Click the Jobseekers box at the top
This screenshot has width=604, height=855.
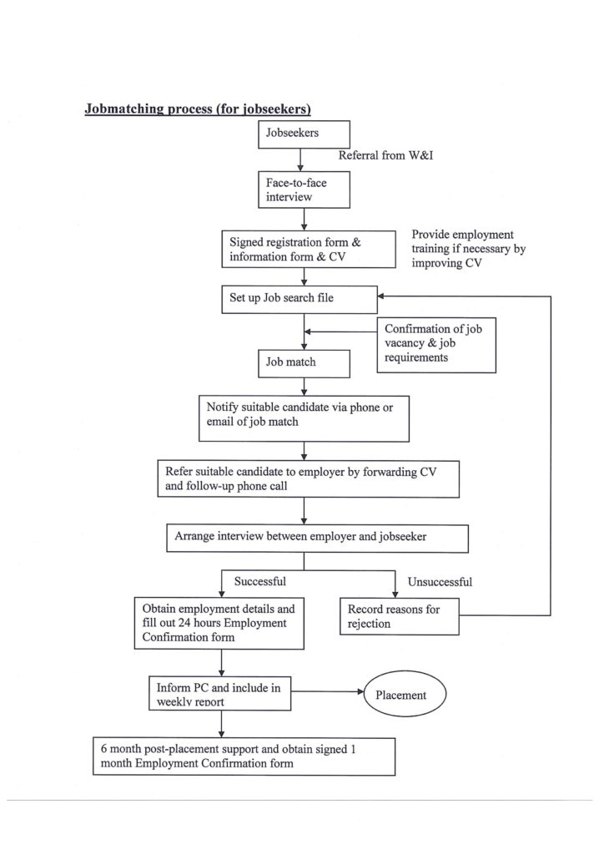pos(304,134)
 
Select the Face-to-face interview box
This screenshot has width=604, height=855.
pos(304,190)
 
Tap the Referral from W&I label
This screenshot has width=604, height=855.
pos(385,155)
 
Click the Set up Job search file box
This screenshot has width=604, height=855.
pos(299,300)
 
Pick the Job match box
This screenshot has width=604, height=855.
pos(304,363)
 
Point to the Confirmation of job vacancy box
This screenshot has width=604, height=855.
pos(436,345)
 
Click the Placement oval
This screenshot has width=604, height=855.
pos(405,694)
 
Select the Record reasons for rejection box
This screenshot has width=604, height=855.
pos(400,616)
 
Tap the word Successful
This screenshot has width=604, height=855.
pos(259,581)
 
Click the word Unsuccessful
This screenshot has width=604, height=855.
pos(440,582)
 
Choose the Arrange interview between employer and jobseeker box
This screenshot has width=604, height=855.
pos(317,539)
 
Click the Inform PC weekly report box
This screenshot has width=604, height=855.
pos(220,693)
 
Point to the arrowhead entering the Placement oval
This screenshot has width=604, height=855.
pos(360,691)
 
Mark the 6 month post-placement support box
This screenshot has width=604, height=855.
pos(244,756)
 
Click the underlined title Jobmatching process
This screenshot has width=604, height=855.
pos(198,109)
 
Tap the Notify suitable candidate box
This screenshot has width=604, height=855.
pos(304,418)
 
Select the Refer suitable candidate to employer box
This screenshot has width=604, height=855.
pos(309,478)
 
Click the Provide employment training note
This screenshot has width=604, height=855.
pos(468,249)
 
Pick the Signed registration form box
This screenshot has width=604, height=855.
pos(309,249)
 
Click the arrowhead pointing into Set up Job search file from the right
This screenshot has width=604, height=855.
pos(381,296)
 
